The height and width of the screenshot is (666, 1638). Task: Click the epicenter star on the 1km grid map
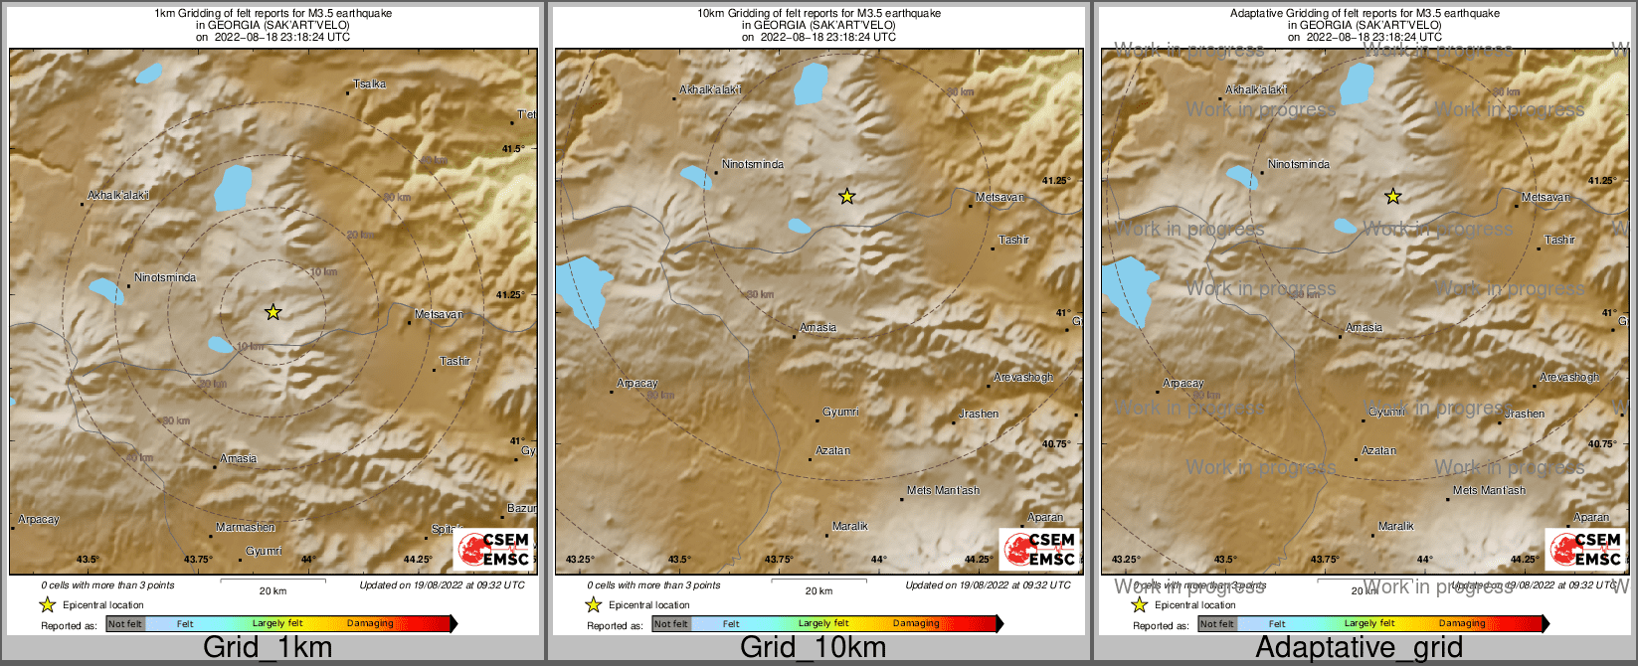coord(273,312)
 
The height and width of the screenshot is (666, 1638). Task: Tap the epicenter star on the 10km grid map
coord(846,197)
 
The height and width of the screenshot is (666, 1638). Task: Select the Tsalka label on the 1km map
coord(369,84)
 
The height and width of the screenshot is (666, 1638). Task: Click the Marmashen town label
coord(246,527)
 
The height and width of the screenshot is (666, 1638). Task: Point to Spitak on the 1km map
coord(447,529)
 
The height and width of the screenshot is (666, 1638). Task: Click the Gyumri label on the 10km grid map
coord(840,412)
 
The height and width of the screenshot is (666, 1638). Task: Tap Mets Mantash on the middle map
coord(943,490)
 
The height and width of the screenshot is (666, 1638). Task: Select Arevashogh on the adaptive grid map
coord(1569,377)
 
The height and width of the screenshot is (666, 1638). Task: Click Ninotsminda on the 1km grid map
coord(165,277)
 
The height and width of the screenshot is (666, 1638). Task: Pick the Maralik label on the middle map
coord(850,526)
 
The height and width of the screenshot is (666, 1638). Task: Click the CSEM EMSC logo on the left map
coord(494,550)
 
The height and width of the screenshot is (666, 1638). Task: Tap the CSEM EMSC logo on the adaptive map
coord(1585,550)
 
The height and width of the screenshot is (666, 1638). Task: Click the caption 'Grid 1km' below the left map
coord(268,648)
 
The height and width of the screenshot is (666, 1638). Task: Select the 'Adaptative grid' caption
coord(1359,648)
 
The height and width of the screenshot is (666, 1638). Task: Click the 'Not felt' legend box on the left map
coord(125,624)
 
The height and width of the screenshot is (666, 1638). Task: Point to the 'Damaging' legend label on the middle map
coord(916,624)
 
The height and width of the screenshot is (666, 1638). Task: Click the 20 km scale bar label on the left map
coord(273,590)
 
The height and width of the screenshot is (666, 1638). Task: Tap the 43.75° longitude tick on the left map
coord(198,559)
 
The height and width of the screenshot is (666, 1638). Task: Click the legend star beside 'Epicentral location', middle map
coord(594,604)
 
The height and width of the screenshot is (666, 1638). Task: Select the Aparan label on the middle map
coord(1045,517)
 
